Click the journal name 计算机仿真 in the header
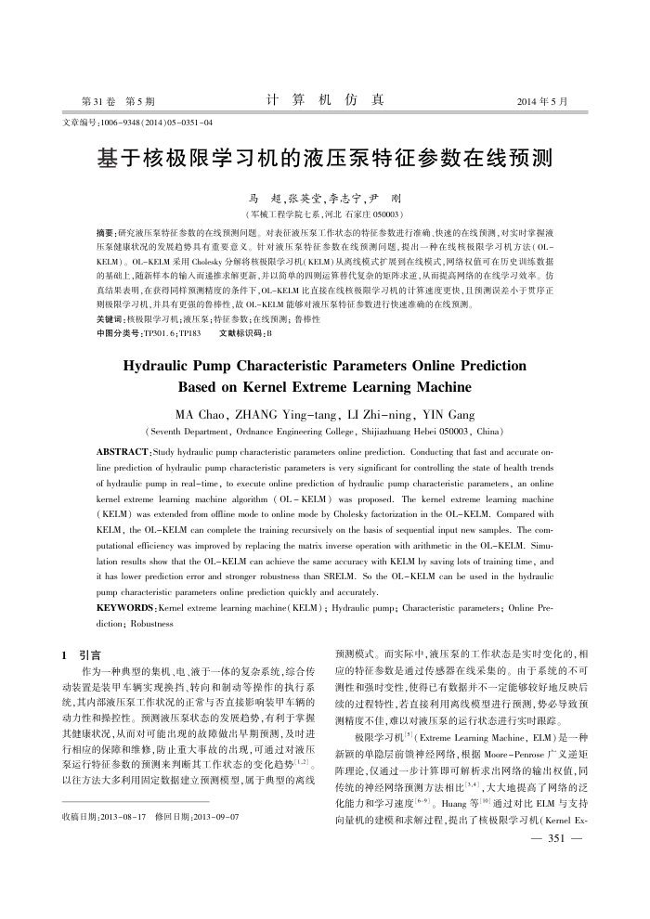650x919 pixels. click(x=324, y=99)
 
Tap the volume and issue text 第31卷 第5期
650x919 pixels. click(x=118, y=100)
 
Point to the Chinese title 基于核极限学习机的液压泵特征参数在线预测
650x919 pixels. click(x=325, y=156)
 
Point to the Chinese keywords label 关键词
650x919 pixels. click(x=110, y=317)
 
